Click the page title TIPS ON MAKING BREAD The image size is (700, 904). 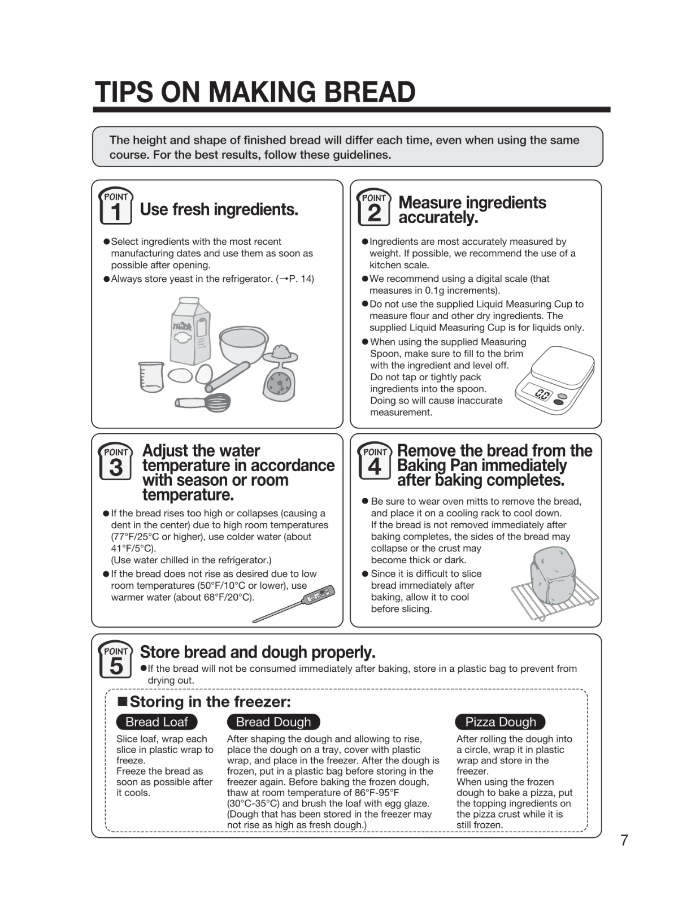click(x=255, y=92)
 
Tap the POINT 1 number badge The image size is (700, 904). click(x=116, y=207)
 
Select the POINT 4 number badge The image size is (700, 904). click(x=374, y=461)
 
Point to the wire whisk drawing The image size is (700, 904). click(x=204, y=402)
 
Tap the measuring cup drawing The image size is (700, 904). click(x=151, y=377)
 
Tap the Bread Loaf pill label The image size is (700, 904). click(x=156, y=722)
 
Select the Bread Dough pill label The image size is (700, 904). click(x=273, y=722)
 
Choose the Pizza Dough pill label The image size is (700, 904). click(x=500, y=722)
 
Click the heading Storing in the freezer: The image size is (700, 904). click(x=205, y=702)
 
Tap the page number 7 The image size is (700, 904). click(x=624, y=840)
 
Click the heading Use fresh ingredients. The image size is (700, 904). click(x=219, y=209)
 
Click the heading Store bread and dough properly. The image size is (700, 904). click(x=258, y=652)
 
